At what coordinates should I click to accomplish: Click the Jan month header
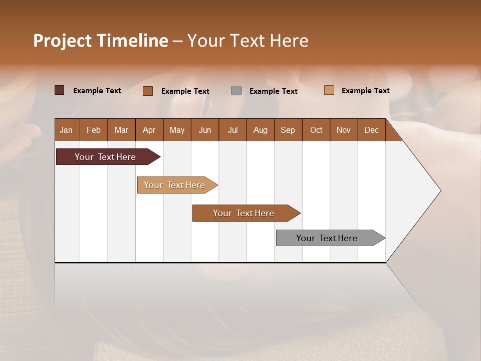[x=67, y=130]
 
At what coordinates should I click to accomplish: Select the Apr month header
[x=149, y=130]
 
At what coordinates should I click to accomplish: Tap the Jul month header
[x=232, y=130]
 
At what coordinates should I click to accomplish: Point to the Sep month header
[x=288, y=130]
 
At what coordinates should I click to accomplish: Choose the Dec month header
[x=371, y=130]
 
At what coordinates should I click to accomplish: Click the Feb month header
[x=94, y=130]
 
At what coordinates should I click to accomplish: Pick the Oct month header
[x=316, y=130]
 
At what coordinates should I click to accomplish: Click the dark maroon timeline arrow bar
[x=106, y=157]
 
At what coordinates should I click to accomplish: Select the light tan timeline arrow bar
[x=175, y=185]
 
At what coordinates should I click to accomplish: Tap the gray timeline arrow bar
[x=327, y=238]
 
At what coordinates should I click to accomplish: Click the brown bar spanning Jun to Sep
[x=244, y=213]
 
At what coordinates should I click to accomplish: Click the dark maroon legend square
[x=59, y=90]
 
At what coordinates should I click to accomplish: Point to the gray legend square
[x=236, y=90]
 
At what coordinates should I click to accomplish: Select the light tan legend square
[x=329, y=90]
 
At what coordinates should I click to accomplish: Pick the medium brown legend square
[x=147, y=91]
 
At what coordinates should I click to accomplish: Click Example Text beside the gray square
[x=273, y=91]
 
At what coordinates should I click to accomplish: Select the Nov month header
[x=344, y=130]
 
